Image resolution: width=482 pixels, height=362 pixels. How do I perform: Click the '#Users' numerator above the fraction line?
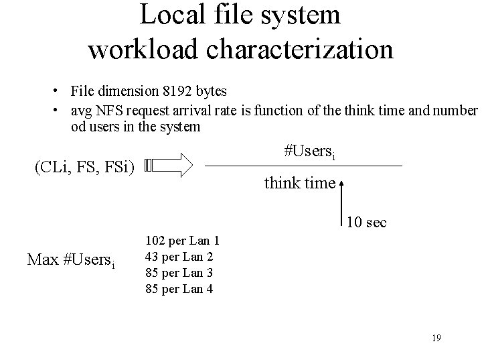(310, 152)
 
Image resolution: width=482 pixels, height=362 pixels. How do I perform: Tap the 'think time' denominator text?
(299, 182)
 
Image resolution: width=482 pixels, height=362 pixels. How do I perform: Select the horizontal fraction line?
(303, 166)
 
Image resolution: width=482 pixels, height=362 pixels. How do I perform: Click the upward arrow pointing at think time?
(343, 201)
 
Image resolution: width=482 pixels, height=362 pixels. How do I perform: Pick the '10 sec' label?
(367, 223)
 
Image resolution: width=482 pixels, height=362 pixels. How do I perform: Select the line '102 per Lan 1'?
(182, 240)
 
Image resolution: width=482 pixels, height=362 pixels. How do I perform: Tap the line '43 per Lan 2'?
(179, 256)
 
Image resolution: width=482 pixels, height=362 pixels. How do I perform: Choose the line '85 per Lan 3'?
(179, 272)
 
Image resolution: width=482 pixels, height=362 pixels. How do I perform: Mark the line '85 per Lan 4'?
(179, 288)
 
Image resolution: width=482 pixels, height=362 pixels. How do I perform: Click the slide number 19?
(436, 338)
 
